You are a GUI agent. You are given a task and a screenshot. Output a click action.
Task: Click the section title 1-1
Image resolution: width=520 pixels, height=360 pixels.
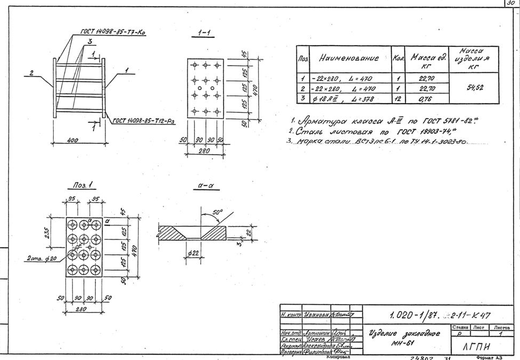203,33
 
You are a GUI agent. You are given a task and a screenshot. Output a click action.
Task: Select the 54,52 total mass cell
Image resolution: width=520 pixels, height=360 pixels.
474,88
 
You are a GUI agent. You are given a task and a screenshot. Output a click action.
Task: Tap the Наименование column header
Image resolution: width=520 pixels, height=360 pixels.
349,58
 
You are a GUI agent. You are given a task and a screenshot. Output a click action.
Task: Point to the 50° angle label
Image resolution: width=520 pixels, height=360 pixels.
217,212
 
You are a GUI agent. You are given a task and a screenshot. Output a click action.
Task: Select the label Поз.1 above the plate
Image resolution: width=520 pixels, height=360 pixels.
84,185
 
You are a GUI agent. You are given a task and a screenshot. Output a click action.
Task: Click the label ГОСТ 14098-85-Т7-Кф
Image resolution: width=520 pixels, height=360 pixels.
113,32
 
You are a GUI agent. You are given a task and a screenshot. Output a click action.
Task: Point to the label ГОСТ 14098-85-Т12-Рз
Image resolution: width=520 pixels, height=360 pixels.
144,121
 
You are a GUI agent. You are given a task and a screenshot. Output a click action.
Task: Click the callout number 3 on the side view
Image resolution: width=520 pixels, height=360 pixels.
90,41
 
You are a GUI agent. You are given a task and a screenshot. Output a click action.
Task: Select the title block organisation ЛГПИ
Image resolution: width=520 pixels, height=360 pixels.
475,346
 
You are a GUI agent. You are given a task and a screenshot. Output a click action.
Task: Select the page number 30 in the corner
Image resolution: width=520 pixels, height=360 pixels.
511,3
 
